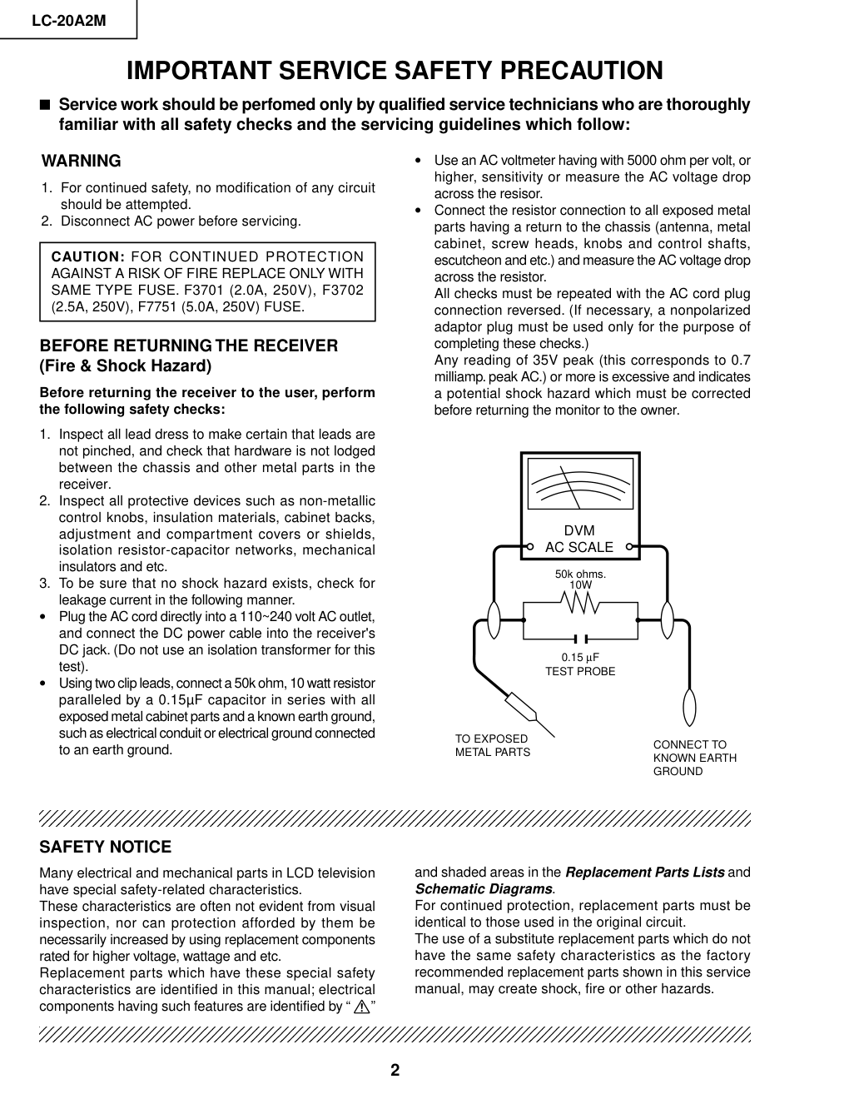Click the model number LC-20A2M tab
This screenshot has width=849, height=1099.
click(x=68, y=21)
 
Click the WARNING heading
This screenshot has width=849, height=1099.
click(x=82, y=162)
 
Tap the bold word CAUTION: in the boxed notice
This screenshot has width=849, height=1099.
click(x=88, y=257)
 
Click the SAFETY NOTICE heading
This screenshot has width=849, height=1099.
click(x=106, y=848)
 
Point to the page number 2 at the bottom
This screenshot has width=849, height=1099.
click(x=395, y=1071)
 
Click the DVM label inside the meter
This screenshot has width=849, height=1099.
click(x=579, y=530)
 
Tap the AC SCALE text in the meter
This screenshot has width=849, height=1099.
click(x=579, y=547)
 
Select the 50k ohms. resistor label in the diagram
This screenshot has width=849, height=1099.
click(x=580, y=574)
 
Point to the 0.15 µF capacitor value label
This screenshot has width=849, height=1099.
click(x=580, y=658)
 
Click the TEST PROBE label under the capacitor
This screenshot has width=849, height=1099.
click(x=580, y=671)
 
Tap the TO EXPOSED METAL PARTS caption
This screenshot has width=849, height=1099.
click(x=492, y=745)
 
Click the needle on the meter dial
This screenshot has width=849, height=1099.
click(x=573, y=488)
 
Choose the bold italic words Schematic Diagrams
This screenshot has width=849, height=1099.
click(x=484, y=889)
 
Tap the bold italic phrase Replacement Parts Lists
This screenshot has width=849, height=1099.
click(x=644, y=873)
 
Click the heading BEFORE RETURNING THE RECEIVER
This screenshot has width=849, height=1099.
click(x=189, y=346)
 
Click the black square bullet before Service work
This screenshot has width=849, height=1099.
click(x=45, y=106)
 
